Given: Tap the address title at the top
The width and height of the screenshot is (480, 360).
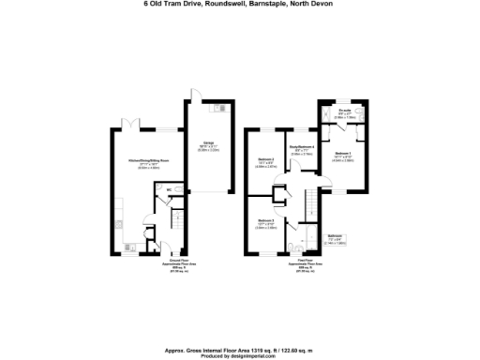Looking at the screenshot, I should pos(239,5).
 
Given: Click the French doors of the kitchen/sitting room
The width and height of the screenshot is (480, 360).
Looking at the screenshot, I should pos(131,123).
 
